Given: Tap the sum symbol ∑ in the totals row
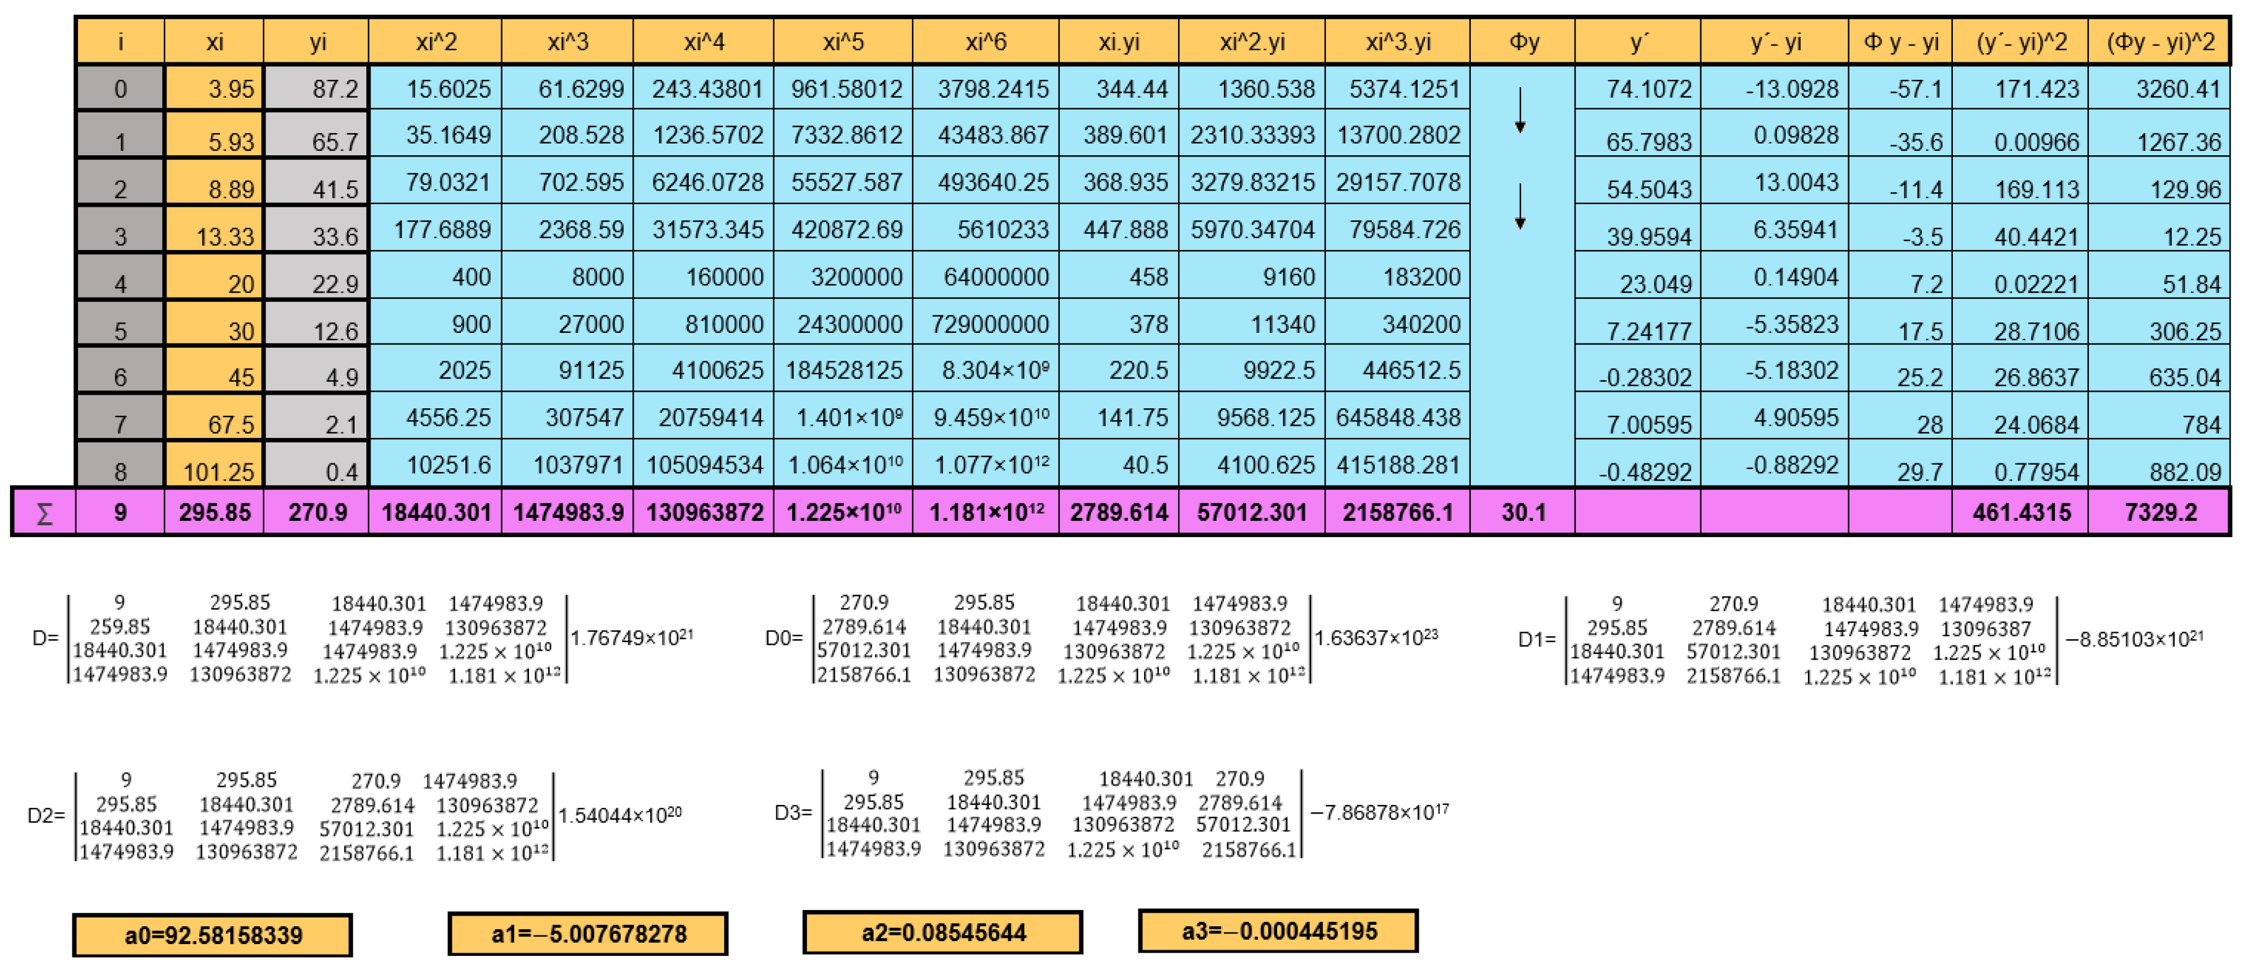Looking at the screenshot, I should click(x=44, y=513).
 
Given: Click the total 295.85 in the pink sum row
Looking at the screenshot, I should click(x=215, y=512).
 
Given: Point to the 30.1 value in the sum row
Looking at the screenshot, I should click(x=1523, y=512).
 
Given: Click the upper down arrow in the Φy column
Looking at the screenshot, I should click(x=1520, y=111).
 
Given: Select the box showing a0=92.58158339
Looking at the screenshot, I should click(x=213, y=935).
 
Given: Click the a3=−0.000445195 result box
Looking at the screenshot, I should click(x=1278, y=931).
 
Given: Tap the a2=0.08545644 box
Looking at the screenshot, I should click(x=942, y=933).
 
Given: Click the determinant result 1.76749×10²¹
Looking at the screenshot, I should click(x=632, y=638).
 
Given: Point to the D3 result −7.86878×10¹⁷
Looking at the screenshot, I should click(x=1379, y=812).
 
